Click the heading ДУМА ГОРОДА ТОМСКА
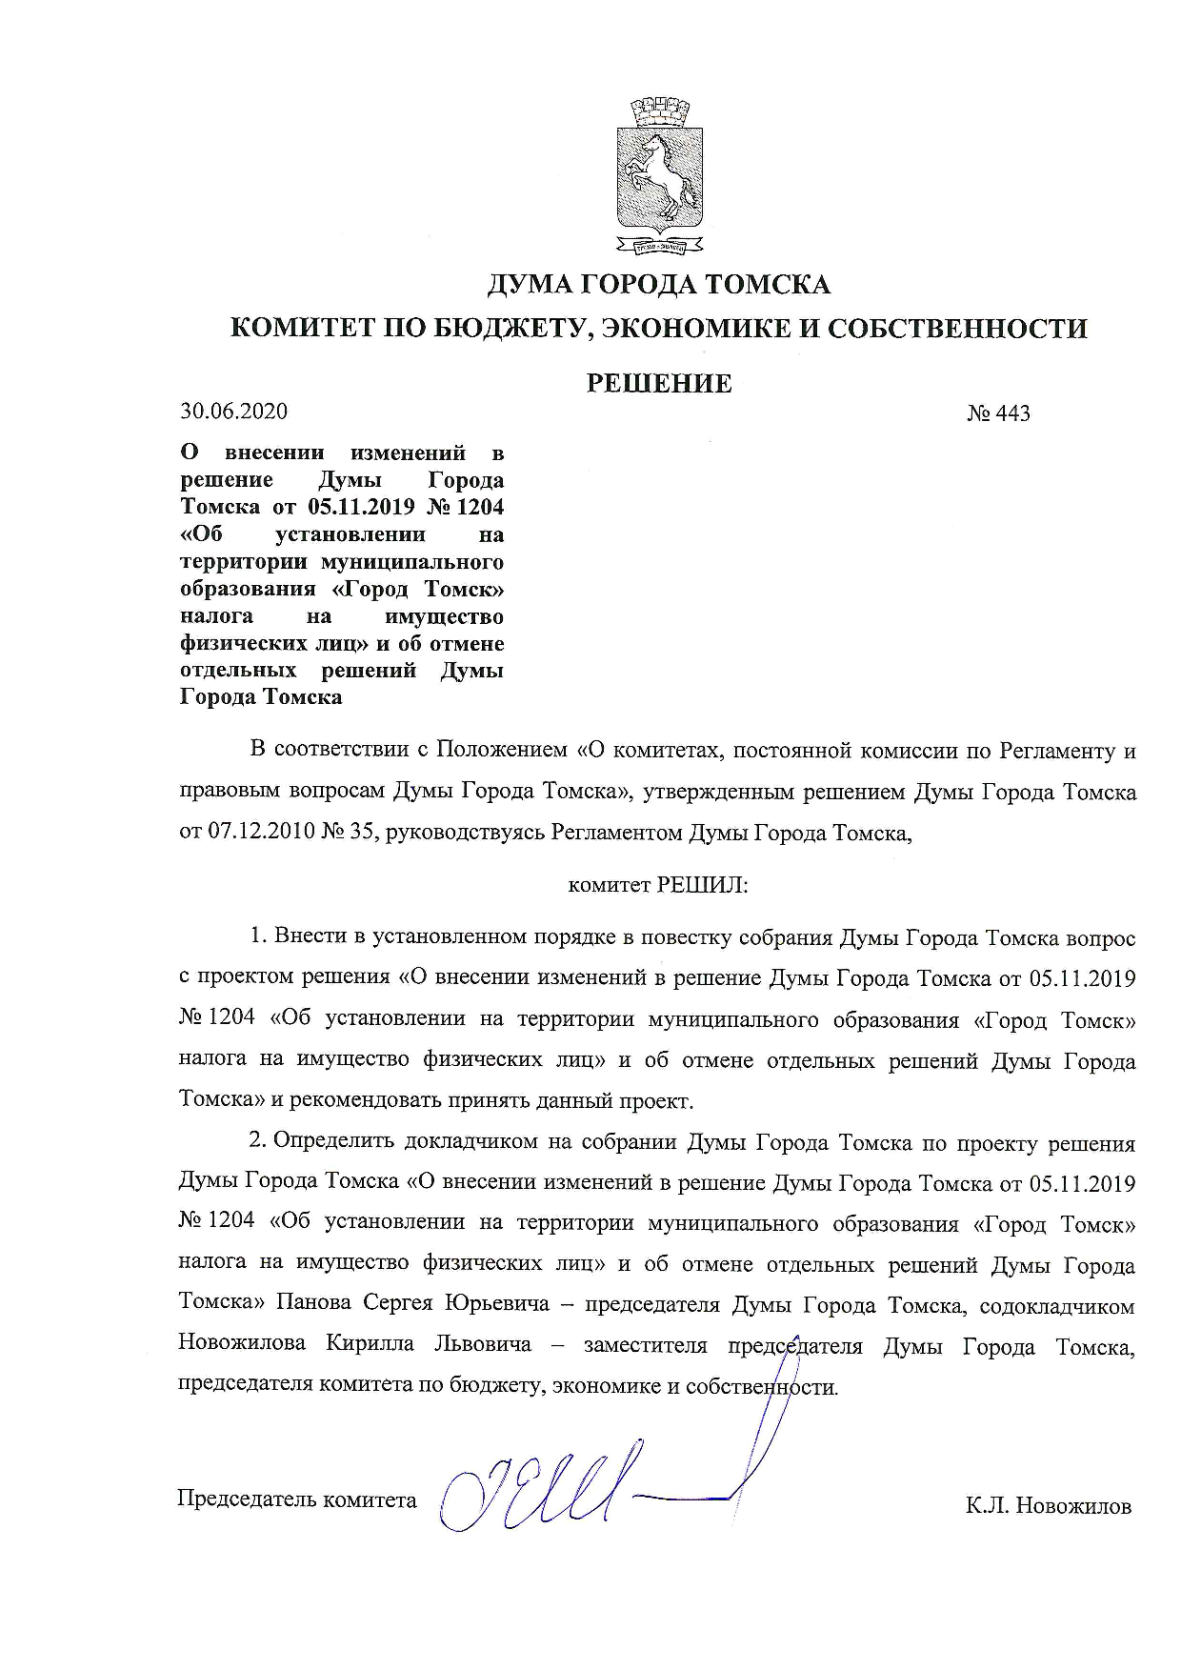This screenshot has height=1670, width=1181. coord(659,284)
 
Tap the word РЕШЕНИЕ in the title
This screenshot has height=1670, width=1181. coord(659,384)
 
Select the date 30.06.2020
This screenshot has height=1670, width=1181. coord(233,412)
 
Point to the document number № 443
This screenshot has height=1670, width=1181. coord(998,413)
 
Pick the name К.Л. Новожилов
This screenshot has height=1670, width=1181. coord(1048,1506)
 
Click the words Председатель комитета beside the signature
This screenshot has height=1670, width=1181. coord(297,1499)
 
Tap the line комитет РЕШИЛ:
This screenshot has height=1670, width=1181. coord(658,885)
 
